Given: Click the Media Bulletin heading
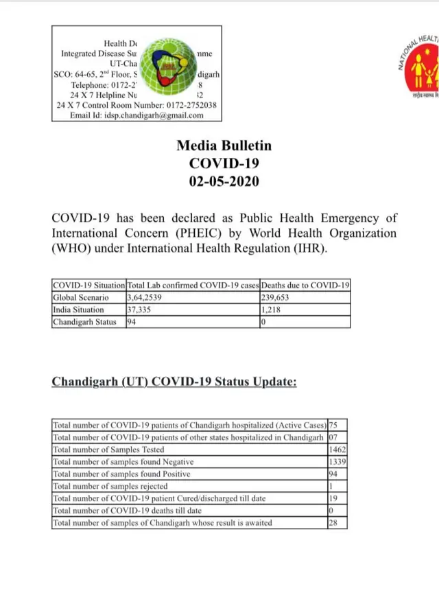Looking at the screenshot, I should [224, 146].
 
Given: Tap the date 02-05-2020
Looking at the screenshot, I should [224, 181].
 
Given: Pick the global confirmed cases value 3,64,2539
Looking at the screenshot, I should [145, 298].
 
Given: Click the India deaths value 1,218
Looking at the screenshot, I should [272, 310].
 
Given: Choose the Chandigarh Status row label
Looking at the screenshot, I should [84, 322].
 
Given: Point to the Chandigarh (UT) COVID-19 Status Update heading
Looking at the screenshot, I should [174, 382].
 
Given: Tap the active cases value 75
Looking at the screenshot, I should [334, 426].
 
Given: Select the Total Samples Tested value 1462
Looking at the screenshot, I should [337, 450].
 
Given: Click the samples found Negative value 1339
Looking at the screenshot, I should [337, 462].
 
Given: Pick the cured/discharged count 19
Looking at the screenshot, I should [334, 498].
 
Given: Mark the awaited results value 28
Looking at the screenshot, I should [334, 523].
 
